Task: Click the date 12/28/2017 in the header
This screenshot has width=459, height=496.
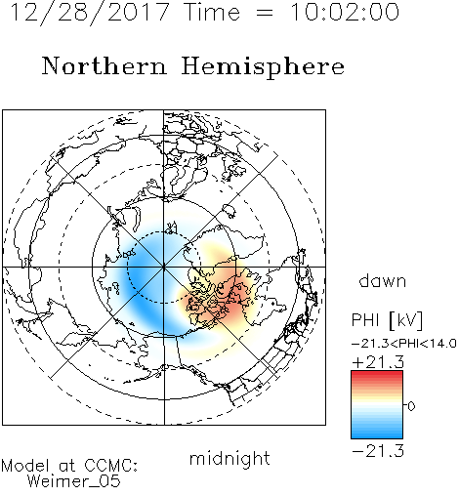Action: (x=90, y=13)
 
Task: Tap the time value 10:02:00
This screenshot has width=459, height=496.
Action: (x=345, y=13)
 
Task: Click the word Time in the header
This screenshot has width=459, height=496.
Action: (x=212, y=13)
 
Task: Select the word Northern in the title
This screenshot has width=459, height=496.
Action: (x=104, y=65)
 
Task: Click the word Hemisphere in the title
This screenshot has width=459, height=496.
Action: (x=263, y=66)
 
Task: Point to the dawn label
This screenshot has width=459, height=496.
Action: (x=383, y=280)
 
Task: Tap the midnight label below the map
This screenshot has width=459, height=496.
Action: (x=229, y=458)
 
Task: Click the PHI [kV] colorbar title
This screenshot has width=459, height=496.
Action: (x=387, y=320)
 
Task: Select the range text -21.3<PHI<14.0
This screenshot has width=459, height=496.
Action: (x=404, y=344)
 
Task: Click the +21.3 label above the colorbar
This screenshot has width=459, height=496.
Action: (x=378, y=362)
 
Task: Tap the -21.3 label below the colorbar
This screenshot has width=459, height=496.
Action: (x=378, y=451)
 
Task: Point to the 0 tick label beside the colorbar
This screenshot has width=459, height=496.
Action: (x=411, y=406)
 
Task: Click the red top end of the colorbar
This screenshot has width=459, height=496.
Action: (x=377, y=374)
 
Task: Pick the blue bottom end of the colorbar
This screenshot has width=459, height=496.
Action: (x=377, y=435)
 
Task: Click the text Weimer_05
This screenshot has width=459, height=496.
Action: (x=74, y=481)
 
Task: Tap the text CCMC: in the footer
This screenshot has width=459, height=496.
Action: (x=111, y=466)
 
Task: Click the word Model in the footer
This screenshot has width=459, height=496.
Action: (x=26, y=466)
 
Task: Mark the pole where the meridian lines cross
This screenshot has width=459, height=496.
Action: (x=164, y=267)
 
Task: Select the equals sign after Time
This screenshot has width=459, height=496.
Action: (x=265, y=13)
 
